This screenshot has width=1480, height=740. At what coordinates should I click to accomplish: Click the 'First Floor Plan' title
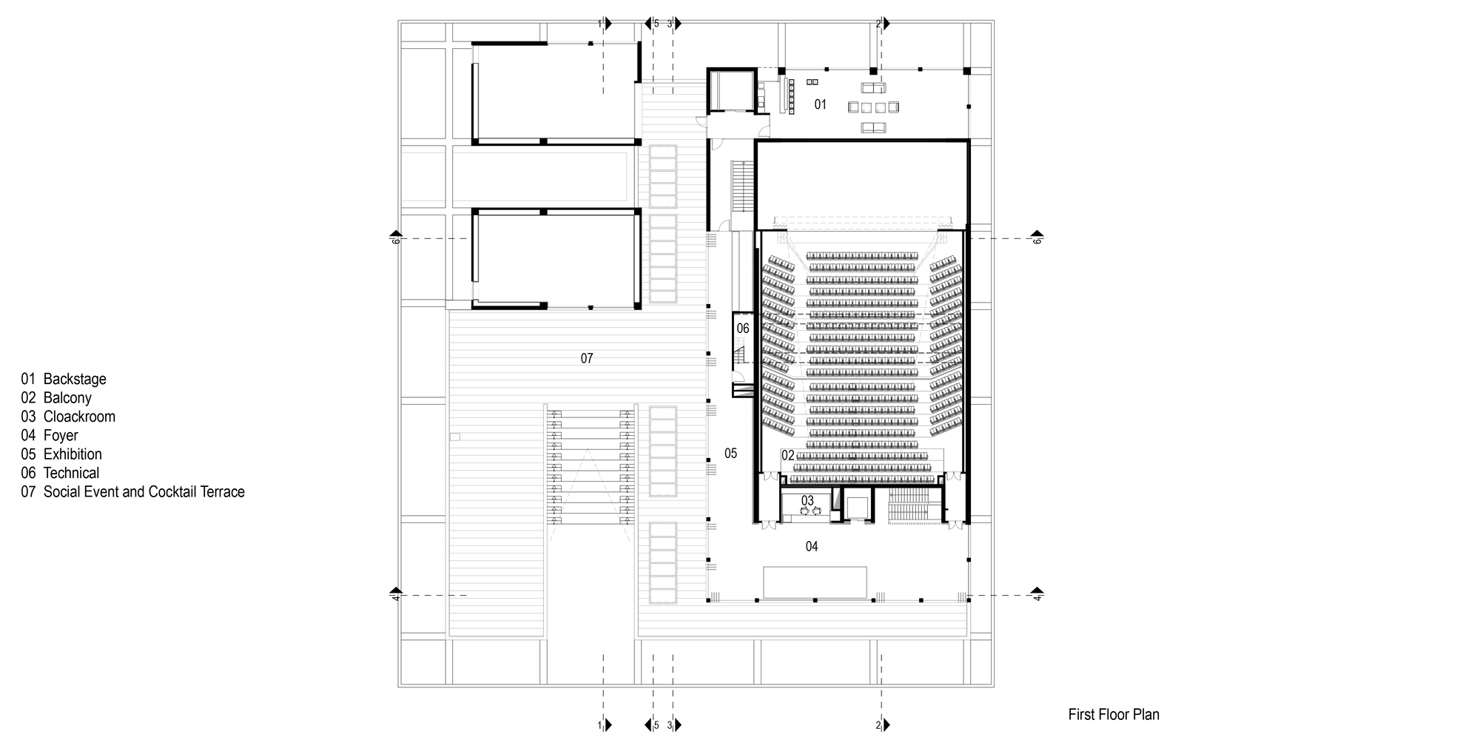click(x=1114, y=715)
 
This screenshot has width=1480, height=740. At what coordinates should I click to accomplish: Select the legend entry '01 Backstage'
click(x=64, y=379)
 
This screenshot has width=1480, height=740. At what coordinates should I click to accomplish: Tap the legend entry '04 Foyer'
click(x=50, y=435)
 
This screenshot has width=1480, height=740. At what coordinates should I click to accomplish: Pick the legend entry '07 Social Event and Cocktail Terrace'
click(x=133, y=491)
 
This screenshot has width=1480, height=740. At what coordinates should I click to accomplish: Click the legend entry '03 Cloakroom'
click(x=68, y=417)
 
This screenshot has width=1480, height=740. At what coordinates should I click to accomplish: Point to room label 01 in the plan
click(x=820, y=104)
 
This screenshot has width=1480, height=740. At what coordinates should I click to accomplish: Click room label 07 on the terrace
click(x=587, y=359)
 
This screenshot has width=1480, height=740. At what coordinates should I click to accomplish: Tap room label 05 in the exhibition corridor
click(x=730, y=454)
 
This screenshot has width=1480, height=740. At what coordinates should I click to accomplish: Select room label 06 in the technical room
click(x=743, y=328)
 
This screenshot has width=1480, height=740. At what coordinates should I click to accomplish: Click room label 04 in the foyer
click(x=812, y=547)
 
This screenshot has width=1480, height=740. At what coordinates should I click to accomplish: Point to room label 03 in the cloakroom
click(x=807, y=501)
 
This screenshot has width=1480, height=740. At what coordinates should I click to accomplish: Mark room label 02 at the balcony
click(x=788, y=455)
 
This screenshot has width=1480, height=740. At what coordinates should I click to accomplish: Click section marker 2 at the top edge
click(x=880, y=24)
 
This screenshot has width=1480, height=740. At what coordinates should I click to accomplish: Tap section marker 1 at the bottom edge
click(x=604, y=724)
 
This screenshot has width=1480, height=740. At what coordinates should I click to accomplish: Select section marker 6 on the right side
click(x=1037, y=238)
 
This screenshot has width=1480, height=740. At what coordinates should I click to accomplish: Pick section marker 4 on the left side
click(x=395, y=594)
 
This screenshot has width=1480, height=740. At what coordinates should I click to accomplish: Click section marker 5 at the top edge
click(x=653, y=24)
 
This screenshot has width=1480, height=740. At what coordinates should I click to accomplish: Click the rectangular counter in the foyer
click(x=815, y=582)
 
